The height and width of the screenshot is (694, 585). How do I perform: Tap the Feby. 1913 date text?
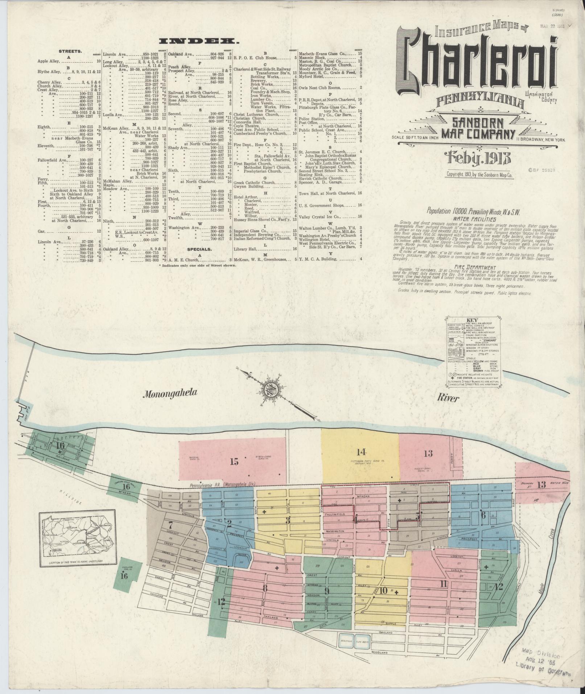tap(479, 157)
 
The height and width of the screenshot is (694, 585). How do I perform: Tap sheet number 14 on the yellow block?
tap(361, 452)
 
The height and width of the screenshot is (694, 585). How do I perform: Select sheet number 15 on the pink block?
tap(234, 461)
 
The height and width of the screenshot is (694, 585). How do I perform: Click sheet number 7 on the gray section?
tap(170, 524)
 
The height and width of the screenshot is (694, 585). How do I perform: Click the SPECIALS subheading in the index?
tap(199, 249)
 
